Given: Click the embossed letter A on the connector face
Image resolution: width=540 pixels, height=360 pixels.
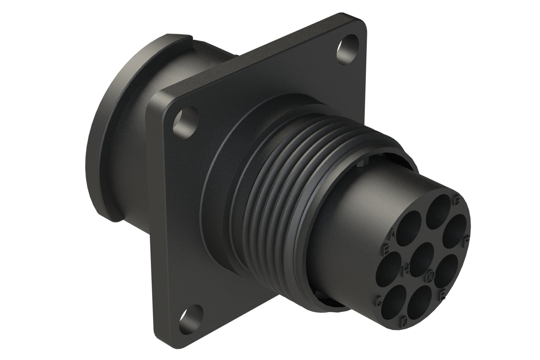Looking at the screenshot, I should click(x=392, y=234).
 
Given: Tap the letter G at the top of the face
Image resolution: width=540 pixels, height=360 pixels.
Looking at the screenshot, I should click(x=457, y=200).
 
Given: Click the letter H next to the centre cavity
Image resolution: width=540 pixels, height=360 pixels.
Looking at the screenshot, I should click(x=406, y=269).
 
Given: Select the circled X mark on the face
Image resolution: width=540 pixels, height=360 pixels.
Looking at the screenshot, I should click(x=431, y=277).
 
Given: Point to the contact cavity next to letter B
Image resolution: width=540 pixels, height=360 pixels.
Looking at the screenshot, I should click(x=388, y=270).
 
